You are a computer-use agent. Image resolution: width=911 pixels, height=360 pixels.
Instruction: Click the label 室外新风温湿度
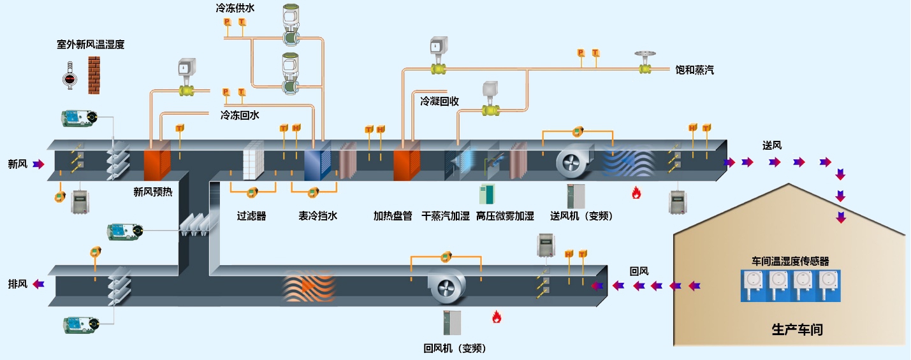(90, 45)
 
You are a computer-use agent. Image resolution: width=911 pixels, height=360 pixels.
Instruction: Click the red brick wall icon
(94, 75)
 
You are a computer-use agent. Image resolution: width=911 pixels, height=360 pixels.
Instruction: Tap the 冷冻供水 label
(235, 9)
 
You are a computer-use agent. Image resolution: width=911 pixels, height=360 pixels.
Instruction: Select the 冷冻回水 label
(240, 115)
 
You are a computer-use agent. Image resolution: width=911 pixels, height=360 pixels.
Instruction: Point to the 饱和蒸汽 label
(695, 69)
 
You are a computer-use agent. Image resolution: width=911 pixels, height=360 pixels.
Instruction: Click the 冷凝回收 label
(439, 101)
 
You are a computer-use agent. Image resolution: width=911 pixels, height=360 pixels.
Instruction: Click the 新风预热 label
(152, 191)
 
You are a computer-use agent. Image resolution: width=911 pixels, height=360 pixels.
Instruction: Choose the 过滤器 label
(251, 216)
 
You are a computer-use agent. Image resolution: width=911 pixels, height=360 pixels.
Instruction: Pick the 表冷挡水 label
(317, 216)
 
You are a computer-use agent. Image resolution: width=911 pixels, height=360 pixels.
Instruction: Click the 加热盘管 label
(393, 216)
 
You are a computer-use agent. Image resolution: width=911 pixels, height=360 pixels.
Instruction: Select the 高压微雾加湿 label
(505, 216)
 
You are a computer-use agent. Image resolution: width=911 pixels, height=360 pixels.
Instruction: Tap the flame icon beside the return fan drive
(496, 317)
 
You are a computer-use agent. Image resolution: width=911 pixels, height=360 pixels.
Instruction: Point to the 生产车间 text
(797, 330)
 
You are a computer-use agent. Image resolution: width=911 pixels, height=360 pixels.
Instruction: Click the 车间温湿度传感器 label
(791, 261)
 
